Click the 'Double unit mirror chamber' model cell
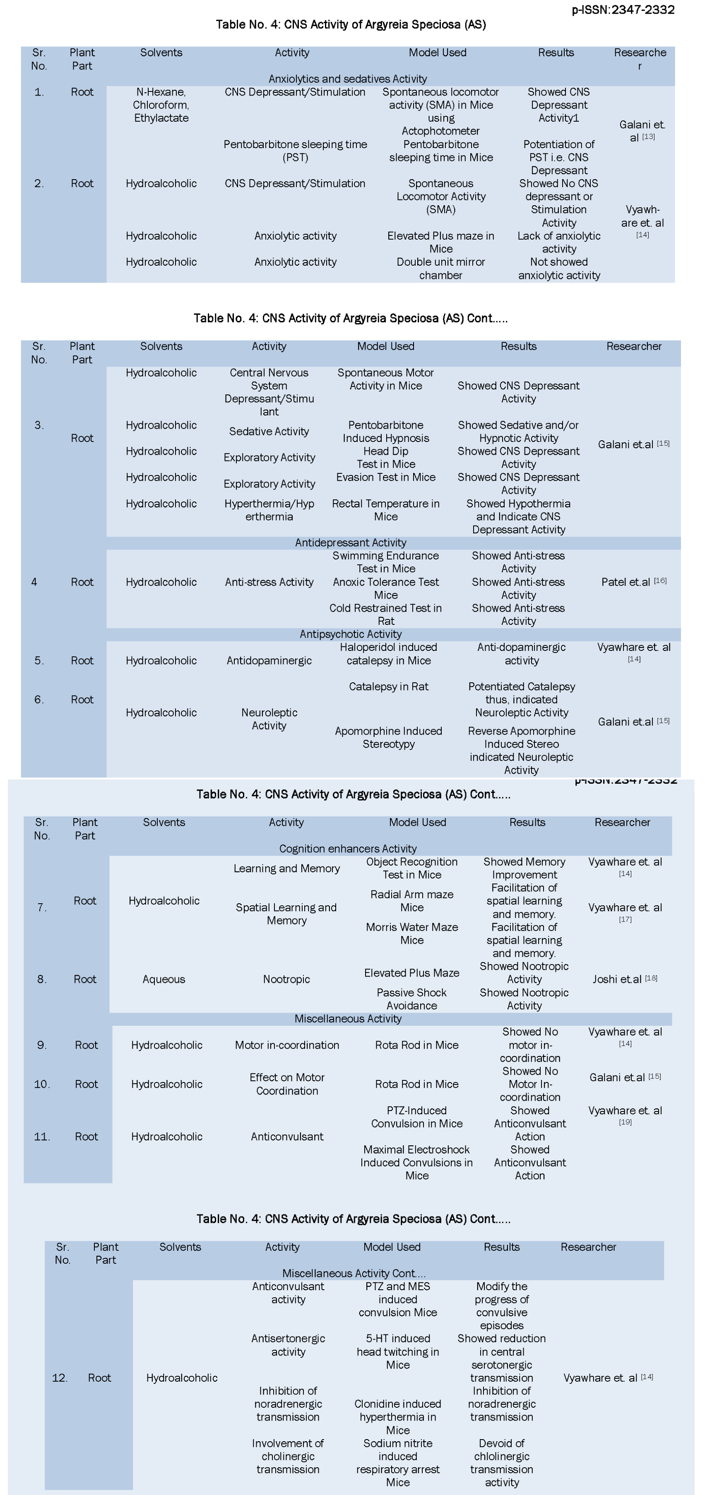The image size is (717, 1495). [440, 268]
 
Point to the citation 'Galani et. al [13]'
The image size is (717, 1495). [641, 131]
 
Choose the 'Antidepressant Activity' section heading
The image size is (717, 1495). [350, 542]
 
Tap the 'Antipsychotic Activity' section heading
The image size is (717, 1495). [350, 634]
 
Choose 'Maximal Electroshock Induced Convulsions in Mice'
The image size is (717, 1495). [416, 1162]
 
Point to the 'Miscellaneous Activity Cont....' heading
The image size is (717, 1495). [354, 1273]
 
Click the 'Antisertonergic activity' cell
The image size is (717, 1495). [288, 1345]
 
